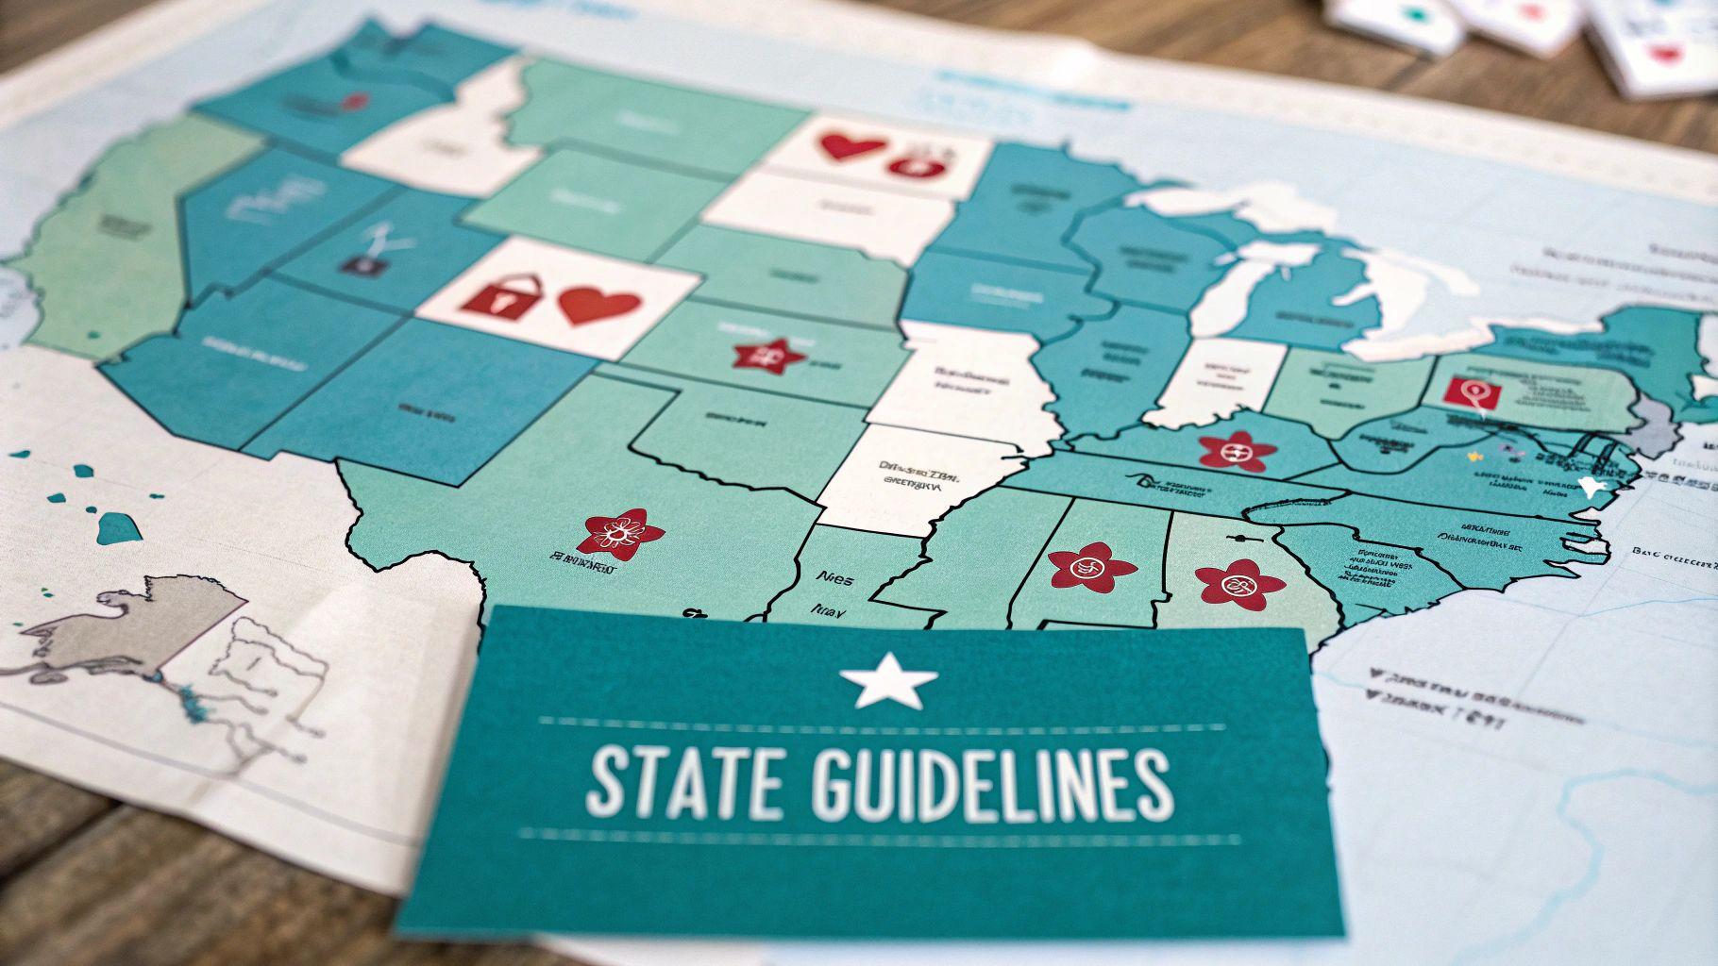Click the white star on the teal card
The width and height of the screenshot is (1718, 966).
click(x=888, y=678)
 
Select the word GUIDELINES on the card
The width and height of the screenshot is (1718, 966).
click(x=992, y=786)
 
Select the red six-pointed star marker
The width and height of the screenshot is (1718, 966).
click(x=768, y=355)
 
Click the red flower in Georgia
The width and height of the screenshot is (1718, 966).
click(x=1239, y=582)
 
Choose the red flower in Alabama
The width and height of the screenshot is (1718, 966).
click(x=1090, y=567)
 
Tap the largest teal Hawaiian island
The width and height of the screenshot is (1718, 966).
click(x=119, y=526)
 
